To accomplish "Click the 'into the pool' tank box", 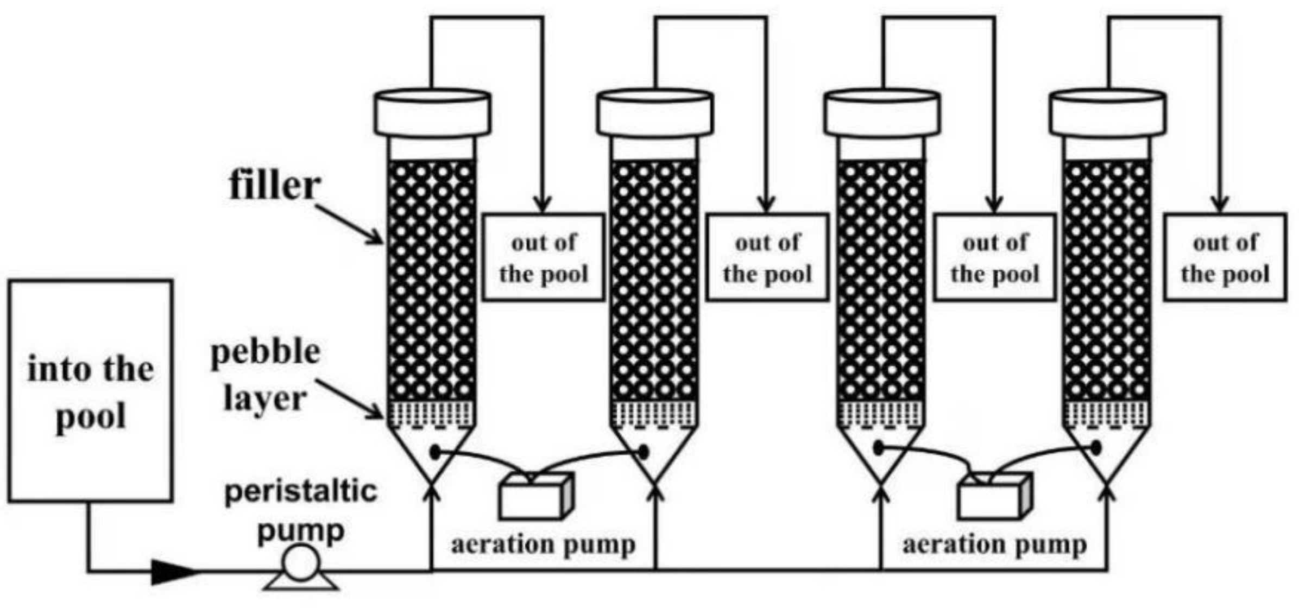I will [90, 391].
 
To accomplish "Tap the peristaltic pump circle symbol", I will [300, 563].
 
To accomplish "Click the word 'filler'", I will [274, 186].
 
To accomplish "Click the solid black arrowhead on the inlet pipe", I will [173, 571].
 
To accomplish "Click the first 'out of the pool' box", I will [544, 257].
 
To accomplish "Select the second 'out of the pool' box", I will [767, 257].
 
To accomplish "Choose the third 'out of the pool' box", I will [995, 257].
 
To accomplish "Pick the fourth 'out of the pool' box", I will [1225, 257].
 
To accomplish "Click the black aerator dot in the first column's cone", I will [435, 451].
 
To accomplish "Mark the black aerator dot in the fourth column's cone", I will [1096, 448].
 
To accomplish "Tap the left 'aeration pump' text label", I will [543, 544].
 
